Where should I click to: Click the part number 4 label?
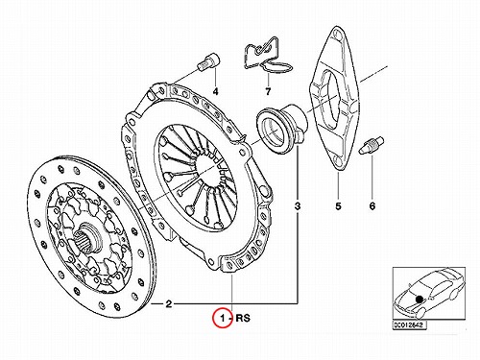[x=216, y=91]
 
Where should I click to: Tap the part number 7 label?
[x=268, y=91]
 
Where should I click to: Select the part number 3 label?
[x=298, y=206]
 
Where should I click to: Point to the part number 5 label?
[x=338, y=206]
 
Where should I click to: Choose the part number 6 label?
[x=372, y=206]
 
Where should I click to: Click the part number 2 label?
[x=169, y=303]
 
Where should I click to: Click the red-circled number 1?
[x=223, y=318]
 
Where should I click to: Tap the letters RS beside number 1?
[x=243, y=318]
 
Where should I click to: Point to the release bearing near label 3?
[x=281, y=126]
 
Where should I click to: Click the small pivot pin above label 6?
[x=372, y=146]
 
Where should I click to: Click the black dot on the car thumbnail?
[x=419, y=299]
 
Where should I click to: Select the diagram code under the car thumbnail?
[x=409, y=324]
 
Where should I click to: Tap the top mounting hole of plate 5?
[x=337, y=34]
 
